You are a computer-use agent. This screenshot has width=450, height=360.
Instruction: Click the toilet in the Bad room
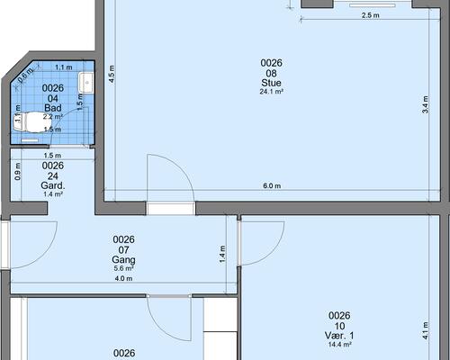click(29, 122)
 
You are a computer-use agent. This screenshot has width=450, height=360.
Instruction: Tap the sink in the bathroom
click(86, 83)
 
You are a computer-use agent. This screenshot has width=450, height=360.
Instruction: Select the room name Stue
click(271, 83)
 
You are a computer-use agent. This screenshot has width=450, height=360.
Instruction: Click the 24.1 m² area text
click(271, 92)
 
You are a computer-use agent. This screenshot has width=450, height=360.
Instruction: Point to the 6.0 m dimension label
click(272, 186)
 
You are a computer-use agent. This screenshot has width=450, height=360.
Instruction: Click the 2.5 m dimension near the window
click(370, 15)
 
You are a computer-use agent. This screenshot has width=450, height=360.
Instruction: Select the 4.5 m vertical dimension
click(112, 74)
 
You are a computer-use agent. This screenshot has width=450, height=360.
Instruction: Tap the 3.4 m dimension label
click(426, 104)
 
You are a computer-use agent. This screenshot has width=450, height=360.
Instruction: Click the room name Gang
click(123, 259)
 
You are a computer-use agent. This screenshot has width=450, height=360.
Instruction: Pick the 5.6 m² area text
click(123, 268)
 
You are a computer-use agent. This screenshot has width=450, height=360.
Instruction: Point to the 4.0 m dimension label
click(123, 279)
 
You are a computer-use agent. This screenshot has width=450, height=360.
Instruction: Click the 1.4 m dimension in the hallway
click(222, 255)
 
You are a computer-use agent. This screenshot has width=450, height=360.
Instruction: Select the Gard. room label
click(53, 185)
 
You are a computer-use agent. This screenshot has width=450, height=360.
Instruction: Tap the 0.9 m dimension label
click(18, 172)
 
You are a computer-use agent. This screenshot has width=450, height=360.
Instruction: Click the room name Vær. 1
click(339, 336)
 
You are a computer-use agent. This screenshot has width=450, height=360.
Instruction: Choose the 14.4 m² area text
click(339, 345)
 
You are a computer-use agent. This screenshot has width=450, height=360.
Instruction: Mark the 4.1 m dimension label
click(426, 331)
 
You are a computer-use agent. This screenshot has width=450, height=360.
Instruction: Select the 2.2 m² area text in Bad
click(53, 117)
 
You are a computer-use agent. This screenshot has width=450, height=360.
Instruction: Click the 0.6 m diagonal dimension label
click(25, 76)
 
